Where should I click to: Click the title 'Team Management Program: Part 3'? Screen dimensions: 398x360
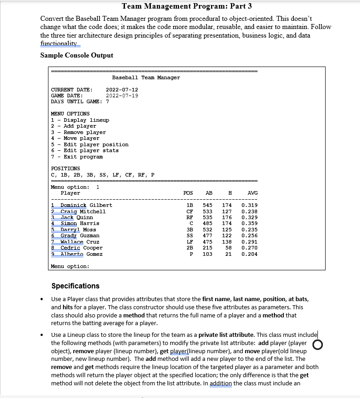pyautogui.click(x=187, y=6)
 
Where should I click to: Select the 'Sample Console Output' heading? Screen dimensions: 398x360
pyautogui.click(x=77, y=55)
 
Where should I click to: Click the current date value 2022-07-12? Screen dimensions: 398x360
pyautogui.click(x=122, y=90)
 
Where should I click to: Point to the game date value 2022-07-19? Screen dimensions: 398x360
pyautogui.click(x=122, y=96)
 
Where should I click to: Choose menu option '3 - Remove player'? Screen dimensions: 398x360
pyautogui.click(x=78, y=132)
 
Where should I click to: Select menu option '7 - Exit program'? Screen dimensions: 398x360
pyautogui.click(x=77, y=157)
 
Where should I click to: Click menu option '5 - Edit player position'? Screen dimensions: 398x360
pyautogui.click(x=90, y=144)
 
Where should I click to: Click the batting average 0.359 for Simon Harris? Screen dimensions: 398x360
pyautogui.click(x=250, y=223)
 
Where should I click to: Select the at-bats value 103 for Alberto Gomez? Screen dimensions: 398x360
pyautogui.click(x=207, y=254)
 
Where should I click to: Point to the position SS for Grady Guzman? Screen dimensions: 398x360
pyautogui.click(x=190, y=235)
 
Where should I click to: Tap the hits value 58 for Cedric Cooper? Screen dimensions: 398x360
pyautogui.click(x=228, y=248)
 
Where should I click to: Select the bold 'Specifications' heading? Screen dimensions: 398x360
pyautogui.click(x=75, y=286)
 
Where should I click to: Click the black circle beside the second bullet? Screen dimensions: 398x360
pyautogui.click(x=317, y=345)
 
